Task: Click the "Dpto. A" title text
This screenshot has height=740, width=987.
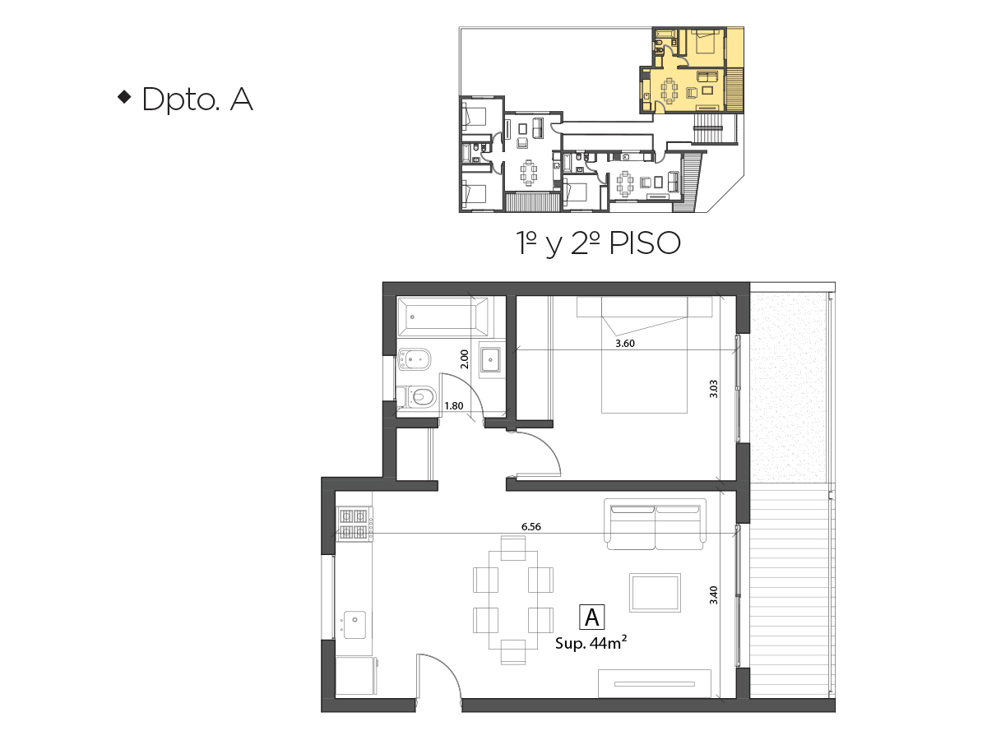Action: tap(197, 99)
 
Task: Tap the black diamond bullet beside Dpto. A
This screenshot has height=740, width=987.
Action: tap(124, 97)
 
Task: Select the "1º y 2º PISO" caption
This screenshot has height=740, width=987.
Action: tap(598, 244)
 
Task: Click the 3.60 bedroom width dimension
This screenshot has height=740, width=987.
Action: tap(625, 344)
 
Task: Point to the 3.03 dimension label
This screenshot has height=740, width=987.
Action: tap(714, 389)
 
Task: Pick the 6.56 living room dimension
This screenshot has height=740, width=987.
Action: tap(531, 526)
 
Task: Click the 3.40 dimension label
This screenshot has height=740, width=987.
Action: tap(714, 595)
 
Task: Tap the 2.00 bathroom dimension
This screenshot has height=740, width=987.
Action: tap(465, 359)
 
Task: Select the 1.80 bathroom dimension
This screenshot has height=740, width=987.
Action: tap(454, 406)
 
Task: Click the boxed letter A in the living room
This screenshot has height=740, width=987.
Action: tap(591, 617)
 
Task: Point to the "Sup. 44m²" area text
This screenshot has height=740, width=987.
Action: tap(591, 643)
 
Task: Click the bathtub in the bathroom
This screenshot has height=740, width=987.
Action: tap(443, 317)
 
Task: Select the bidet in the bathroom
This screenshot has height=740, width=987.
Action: tap(415, 359)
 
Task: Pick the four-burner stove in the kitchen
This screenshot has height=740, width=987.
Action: tap(354, 524)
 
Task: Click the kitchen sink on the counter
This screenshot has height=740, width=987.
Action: tap(354, 625)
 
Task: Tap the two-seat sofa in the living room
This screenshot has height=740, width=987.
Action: tap(656, 524)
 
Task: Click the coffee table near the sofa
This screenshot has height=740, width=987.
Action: tap(656, 593)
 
